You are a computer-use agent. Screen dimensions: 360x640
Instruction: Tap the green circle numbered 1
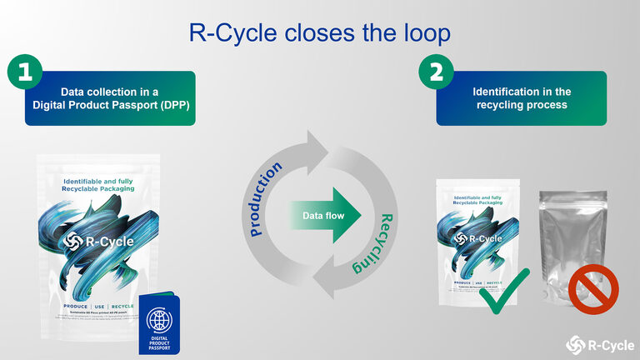coord(25,72)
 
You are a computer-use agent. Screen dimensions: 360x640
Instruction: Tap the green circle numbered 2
coord(436,72)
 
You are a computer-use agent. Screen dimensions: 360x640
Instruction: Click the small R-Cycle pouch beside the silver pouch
coord(478,242)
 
